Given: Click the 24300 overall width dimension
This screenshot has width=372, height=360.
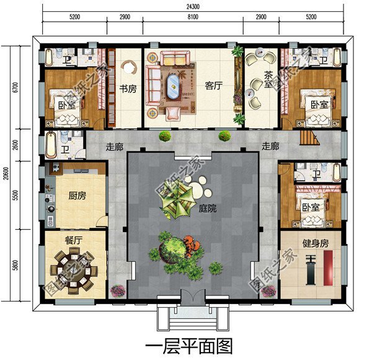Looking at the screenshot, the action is coord(193,7).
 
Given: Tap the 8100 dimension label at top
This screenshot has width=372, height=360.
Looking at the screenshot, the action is coord(193,17).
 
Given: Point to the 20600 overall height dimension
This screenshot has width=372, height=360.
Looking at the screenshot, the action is coord(6,173).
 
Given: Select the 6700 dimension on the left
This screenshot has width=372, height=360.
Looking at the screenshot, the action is coord(15,87).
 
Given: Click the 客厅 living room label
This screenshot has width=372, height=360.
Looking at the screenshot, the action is coord(214,86).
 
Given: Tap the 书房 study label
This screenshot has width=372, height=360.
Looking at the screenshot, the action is coord(128,89).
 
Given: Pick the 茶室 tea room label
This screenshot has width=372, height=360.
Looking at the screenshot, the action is coord(268,79).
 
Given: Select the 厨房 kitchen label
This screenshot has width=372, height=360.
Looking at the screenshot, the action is coord(77,196).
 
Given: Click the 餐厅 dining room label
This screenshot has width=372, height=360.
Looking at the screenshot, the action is coord(74,240).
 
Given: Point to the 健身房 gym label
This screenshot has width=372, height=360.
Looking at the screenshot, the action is coord(316,243).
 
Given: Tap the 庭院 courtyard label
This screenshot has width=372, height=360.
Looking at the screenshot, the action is coord(208,209).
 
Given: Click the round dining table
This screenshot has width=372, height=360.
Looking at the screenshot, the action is coord(74,271).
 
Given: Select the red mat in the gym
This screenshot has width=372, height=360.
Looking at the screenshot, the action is coord(328,268).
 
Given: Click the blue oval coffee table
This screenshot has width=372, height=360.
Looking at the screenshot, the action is coord(173,87).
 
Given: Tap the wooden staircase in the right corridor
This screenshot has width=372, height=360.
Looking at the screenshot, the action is coord(309,138).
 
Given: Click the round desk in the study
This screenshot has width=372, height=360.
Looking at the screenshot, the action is coord(129,68).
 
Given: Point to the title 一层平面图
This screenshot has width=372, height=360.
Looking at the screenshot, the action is coord(189,346).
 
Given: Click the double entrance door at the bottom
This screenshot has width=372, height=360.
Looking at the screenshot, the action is coord(193,297).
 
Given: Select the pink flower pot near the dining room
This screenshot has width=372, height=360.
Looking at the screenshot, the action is coord(117,290).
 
